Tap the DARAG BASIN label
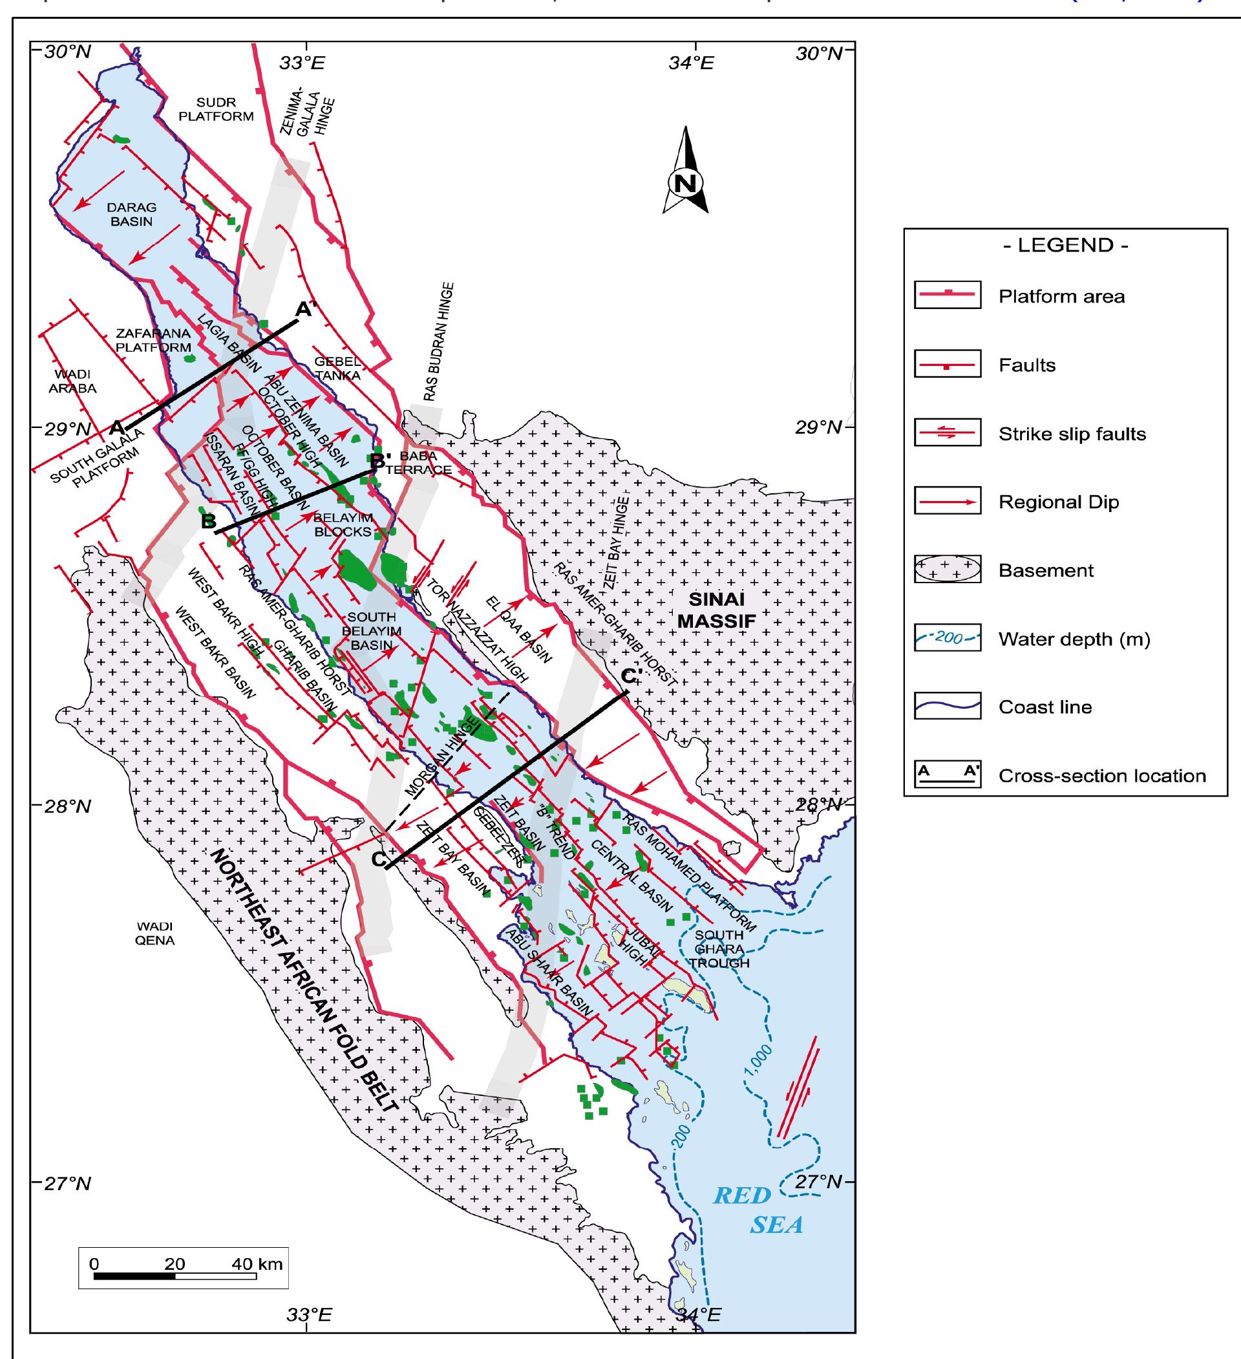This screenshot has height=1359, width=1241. pos(132,215)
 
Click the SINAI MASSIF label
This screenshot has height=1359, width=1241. pos(717,610)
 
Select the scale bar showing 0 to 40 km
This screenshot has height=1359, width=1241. pos(175,1276)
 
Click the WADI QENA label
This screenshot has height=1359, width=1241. pos(154,934)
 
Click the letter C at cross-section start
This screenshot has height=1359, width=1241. pos(379,859)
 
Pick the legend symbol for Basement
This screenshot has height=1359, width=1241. pos(947,570)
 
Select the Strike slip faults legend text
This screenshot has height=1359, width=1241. pos(1072,433)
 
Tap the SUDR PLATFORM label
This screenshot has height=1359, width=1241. pos(216,109)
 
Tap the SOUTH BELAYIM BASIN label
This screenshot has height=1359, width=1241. pos(372,631)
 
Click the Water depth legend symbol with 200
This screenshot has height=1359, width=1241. pos(947,638)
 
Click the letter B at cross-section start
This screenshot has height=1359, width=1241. pos(208,521)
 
